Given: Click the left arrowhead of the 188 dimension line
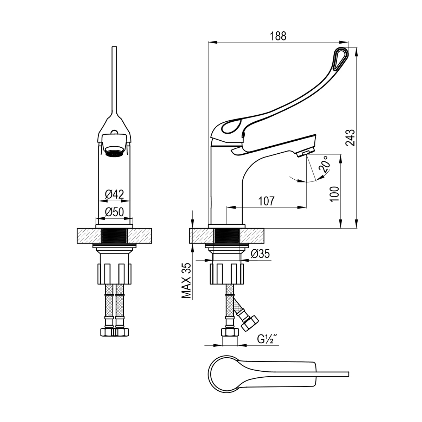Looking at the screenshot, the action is tap(212, 42).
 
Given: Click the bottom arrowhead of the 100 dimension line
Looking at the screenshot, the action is tap(341, 224).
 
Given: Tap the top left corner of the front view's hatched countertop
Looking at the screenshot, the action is tap(77, 229).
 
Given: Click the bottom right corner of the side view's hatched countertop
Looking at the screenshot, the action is tap(264, 243).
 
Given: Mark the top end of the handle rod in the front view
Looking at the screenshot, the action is tap(114, 47).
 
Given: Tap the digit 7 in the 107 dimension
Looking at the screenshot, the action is tap(271, 201).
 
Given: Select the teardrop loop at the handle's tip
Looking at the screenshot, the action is tap(340, 58).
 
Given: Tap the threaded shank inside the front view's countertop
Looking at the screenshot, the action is tap(114, 236).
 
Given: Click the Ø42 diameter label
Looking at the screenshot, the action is tap(114, 194).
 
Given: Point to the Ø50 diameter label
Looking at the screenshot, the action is tap(114, 212).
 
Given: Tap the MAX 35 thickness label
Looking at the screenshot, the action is tap(186, 281).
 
